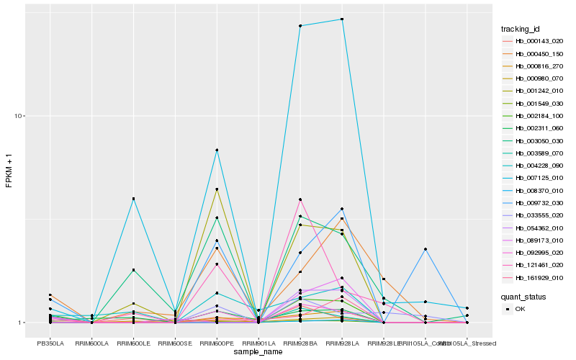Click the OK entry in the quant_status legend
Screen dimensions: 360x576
click(x=521, y=309)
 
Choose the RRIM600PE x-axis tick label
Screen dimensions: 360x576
click(x=217, y=343)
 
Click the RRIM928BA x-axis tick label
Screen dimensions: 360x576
click(x=300, y=343)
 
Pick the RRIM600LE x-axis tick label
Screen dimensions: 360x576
click(x=133, y=343)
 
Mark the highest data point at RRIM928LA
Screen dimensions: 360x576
click(x=342, y=19)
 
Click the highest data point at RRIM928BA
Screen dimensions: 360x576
click(x=300, y=26)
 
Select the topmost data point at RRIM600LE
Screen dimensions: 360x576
click(x=133, y=199)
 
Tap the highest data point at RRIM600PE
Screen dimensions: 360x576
click(x=217, y=150)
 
